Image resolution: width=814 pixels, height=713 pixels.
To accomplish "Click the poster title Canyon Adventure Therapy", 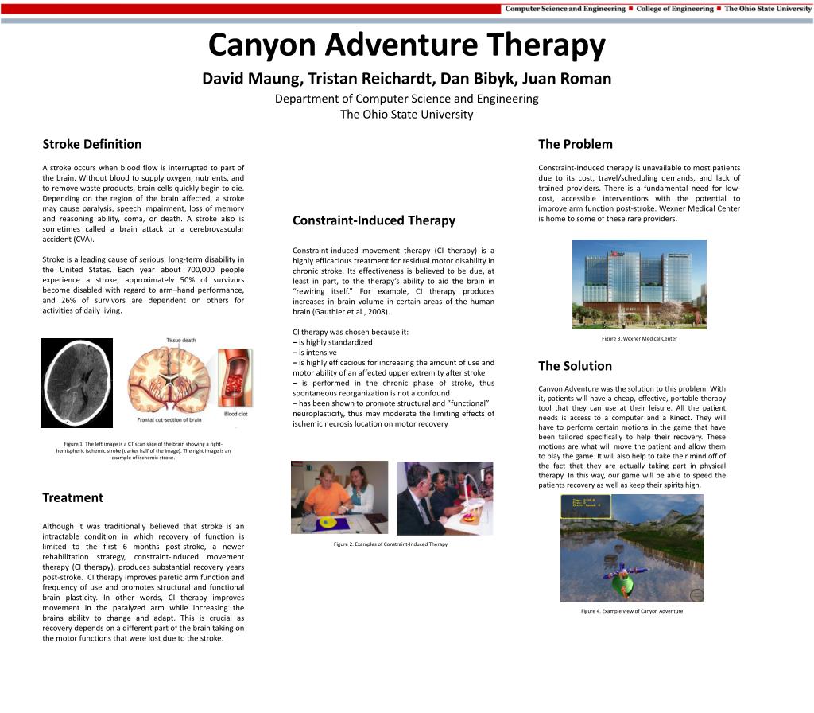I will pyautogui.click(x=406, y=46).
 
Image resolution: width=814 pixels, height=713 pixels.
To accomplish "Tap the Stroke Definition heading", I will pyautogui.click(x=91, y=144).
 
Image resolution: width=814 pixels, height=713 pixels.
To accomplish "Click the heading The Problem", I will pyautogui.click(x=575, y=144).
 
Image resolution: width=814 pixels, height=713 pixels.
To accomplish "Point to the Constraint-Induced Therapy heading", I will pyautogui.click(x=374, y=220).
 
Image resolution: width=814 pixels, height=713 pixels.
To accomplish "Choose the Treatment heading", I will pyautogui.click(x=72, y=497).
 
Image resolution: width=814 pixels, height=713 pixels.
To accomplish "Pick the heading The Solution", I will pyautogui.click(x=575, y=366).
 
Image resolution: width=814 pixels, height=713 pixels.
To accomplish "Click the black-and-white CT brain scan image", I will pyautogui.click(x=76, y=383).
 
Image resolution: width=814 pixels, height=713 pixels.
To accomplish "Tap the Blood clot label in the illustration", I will pyautogui.click(x=235, y=414).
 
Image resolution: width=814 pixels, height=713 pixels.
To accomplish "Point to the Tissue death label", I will pyautogui.click(x=181, y=341).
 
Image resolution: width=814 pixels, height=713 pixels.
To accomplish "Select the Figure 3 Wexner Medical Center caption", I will pyautogui.click(x=639, y=339).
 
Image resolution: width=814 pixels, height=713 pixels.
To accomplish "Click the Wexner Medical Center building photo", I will pyautogui.click(x=639, y=284).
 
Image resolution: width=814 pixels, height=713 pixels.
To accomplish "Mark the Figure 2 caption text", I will pyautogui.click(x=390, y=544).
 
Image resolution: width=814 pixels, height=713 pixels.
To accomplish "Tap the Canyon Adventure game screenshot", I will pyautogui.click(x=632, y=548).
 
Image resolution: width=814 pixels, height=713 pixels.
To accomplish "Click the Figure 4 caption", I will pyautogui.click(x=632, y=611).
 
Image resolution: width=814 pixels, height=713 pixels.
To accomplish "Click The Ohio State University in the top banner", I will pyautogui.click(x=767, y=9).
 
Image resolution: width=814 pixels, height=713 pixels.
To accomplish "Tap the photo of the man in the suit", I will pyautogui.click(x=444, y=497).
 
